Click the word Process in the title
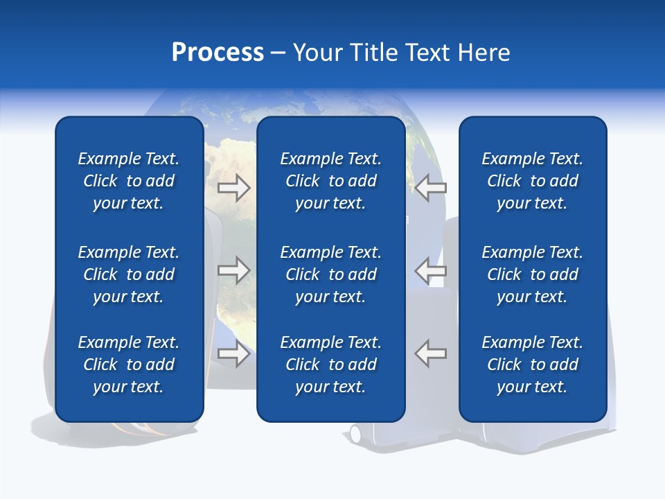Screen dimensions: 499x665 click(218, 53)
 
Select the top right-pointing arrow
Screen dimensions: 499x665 click(234, 188)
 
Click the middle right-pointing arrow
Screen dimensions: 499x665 click(234, 270)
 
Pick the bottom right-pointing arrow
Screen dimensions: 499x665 click(234, 353)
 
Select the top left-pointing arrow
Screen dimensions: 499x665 click(430, 188)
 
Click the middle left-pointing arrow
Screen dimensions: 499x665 click(430, 270)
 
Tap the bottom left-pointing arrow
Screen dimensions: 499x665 click(430, 353)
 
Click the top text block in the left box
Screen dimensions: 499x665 click(129, 181)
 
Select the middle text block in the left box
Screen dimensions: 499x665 click(129, 274)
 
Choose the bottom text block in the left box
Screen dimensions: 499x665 click(129, 365)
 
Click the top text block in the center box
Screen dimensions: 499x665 click(331, 181)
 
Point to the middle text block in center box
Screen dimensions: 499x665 click(331, 274)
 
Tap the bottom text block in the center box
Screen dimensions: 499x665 click(331, 365)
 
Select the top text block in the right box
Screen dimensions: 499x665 click(533, 181)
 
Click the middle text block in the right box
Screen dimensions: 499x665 click(533, 274)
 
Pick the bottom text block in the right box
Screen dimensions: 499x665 click(533, 365)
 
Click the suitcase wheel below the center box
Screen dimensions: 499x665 click(355, 434)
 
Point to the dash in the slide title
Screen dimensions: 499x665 click(278, 53)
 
